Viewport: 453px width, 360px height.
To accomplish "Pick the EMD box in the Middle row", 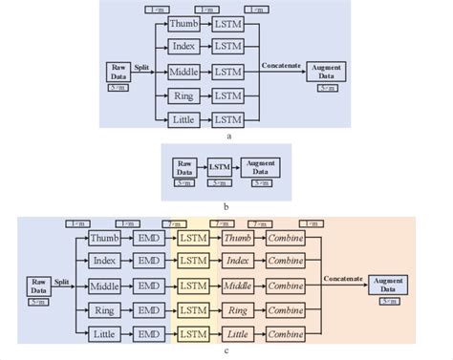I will coord(148,285).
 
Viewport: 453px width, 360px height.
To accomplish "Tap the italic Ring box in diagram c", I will coord(240,309).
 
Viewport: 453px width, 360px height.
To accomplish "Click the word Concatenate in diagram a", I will coord(281,65).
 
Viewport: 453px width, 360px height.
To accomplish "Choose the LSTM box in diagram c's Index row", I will coord(194,261).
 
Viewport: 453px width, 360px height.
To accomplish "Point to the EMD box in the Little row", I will coord(148,333).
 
